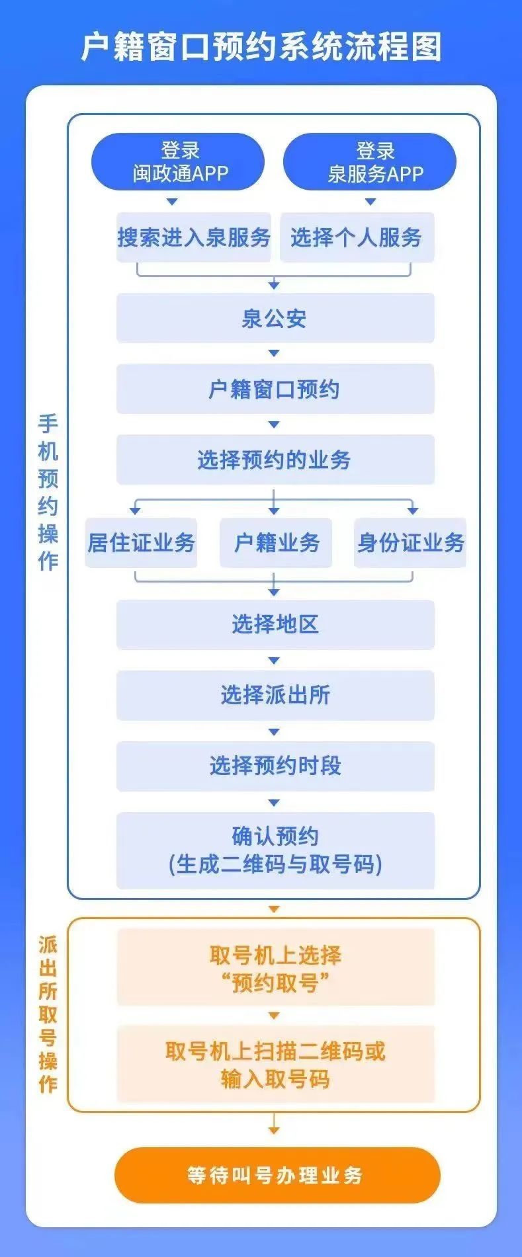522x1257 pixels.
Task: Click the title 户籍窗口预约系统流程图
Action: pyautogui.click(x=261, y=47)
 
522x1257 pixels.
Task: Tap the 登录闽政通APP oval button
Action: pyautogui.click(x=178, y=162)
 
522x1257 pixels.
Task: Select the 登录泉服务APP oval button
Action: pyautogui.click(x=370, y=162)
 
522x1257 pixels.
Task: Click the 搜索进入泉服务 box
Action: pyautogui.click(x=194, y=237)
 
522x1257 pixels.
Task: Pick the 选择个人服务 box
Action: pyautogui.click(x=357, y=237)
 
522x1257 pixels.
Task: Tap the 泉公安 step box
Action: pyautogui.click(x=275, y=318)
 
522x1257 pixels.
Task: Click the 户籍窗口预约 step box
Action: pyautogui.click(x=275, y=389)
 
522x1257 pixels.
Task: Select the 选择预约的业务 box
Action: pyautogui.click(x=275, y=460)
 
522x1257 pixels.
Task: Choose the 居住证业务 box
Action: pyautogui.click(x=141, y=543)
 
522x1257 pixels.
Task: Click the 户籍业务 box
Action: pyautogui.click(x=276, y=543)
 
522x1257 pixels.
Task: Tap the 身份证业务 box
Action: pyautogui.click(x=410, y=543)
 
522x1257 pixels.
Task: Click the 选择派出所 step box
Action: pyautogui.click(x=275, y=696)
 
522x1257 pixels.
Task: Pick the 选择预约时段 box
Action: pyautogui.click(x=275, y=766)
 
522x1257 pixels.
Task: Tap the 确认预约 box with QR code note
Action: pyautogui.click(x=275, y=850)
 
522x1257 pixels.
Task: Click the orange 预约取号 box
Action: pyautogui.click(x=276, y=967)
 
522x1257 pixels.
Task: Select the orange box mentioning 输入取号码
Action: pyautogui.click(x=276, y=1064)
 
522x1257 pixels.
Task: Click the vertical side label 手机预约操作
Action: pyautogui.click(x=48, y=492)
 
